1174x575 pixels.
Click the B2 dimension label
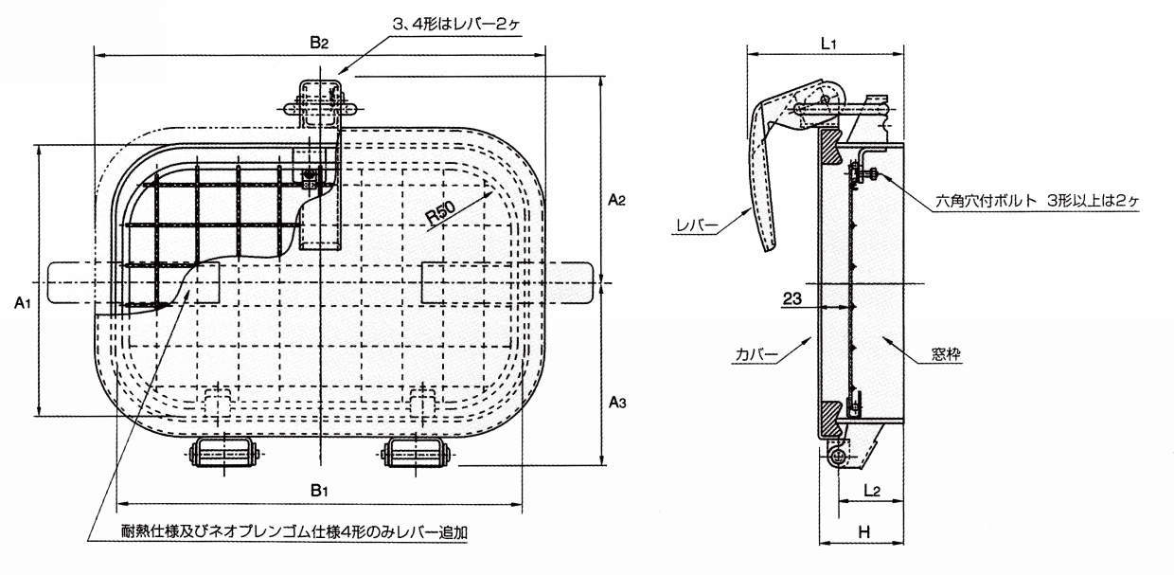pos(319,42)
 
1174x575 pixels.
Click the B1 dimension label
pos(319,491)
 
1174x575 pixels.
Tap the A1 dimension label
pos(23,302)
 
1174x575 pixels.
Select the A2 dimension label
pos(617,200)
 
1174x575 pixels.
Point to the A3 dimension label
pos(617,403)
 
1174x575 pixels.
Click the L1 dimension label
pos(828,44)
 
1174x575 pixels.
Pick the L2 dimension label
pos(872,491)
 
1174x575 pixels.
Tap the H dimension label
pos(864,532)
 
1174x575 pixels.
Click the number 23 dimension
pos(792,298)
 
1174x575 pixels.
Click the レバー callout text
pos(697,225)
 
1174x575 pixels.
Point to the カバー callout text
pos(756,355)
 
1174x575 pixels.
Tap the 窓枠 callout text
pos(946,354)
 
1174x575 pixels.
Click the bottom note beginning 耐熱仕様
pos(294,532)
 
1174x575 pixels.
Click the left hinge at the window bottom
pos(224,453)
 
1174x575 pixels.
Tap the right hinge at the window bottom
pos(416,453)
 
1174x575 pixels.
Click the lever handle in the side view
pos(774,157)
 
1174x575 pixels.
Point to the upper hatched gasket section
pos(830,152)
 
